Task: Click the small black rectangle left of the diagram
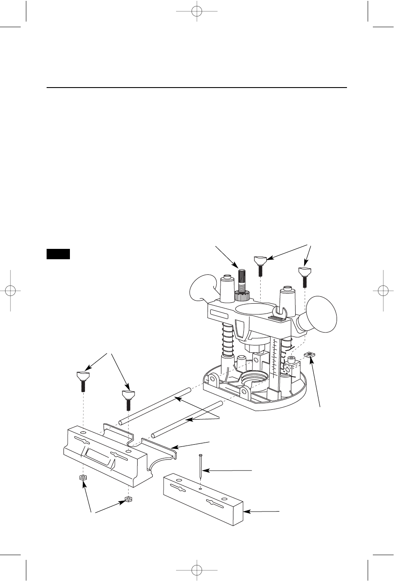click(58, 254)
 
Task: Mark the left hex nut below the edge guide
click(82, 478)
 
